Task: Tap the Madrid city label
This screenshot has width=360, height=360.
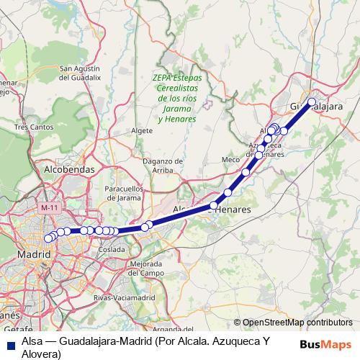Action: (33, 255)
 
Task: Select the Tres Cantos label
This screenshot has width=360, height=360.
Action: (33, 127)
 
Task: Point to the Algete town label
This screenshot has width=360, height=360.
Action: (143, 130)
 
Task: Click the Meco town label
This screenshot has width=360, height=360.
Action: (230, 158)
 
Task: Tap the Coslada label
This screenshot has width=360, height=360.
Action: (112, 248)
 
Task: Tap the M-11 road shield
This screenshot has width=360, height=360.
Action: (50, 207)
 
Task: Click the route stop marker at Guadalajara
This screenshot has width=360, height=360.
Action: (312, 102)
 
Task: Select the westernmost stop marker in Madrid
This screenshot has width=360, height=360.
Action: (48, 238)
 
